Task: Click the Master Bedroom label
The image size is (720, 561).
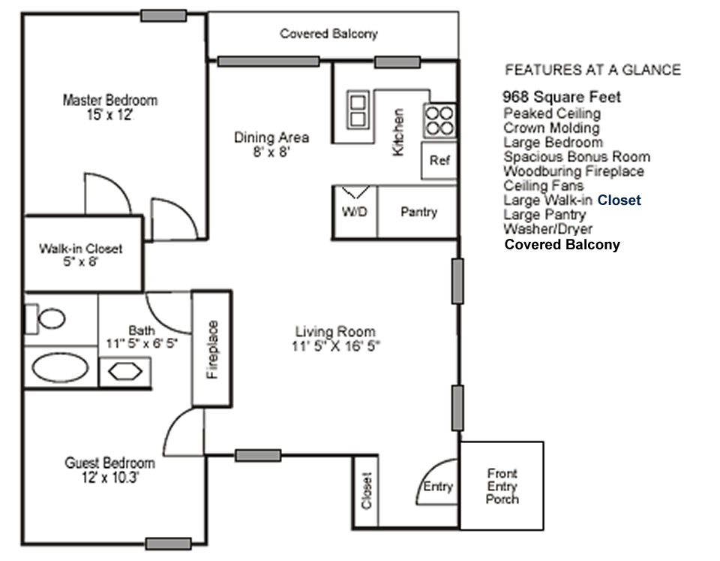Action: point(110,107)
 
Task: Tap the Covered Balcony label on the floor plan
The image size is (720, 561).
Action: point(328,34)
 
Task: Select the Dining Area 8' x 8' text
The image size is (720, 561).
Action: point(271,143)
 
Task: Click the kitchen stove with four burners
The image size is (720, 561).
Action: point(440,120)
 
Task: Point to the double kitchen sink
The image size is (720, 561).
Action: point(358,110)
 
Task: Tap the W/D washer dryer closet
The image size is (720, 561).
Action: point(355,212)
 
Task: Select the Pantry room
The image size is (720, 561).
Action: point(418,212)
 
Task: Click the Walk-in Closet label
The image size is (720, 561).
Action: point(80,255)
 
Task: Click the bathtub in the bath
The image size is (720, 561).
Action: point(61,369)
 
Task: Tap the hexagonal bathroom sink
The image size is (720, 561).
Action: point(124,372)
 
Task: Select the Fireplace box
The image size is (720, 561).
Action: point(212,349)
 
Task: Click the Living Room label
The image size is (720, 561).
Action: point(334,338)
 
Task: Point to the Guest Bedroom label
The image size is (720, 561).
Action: point(109,469)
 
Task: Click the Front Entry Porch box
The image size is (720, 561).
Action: point(501,486)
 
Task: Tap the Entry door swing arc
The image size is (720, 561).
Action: point(436,482)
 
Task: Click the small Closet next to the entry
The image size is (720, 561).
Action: point(367,490)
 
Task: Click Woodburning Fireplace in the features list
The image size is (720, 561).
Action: point(574,171)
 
